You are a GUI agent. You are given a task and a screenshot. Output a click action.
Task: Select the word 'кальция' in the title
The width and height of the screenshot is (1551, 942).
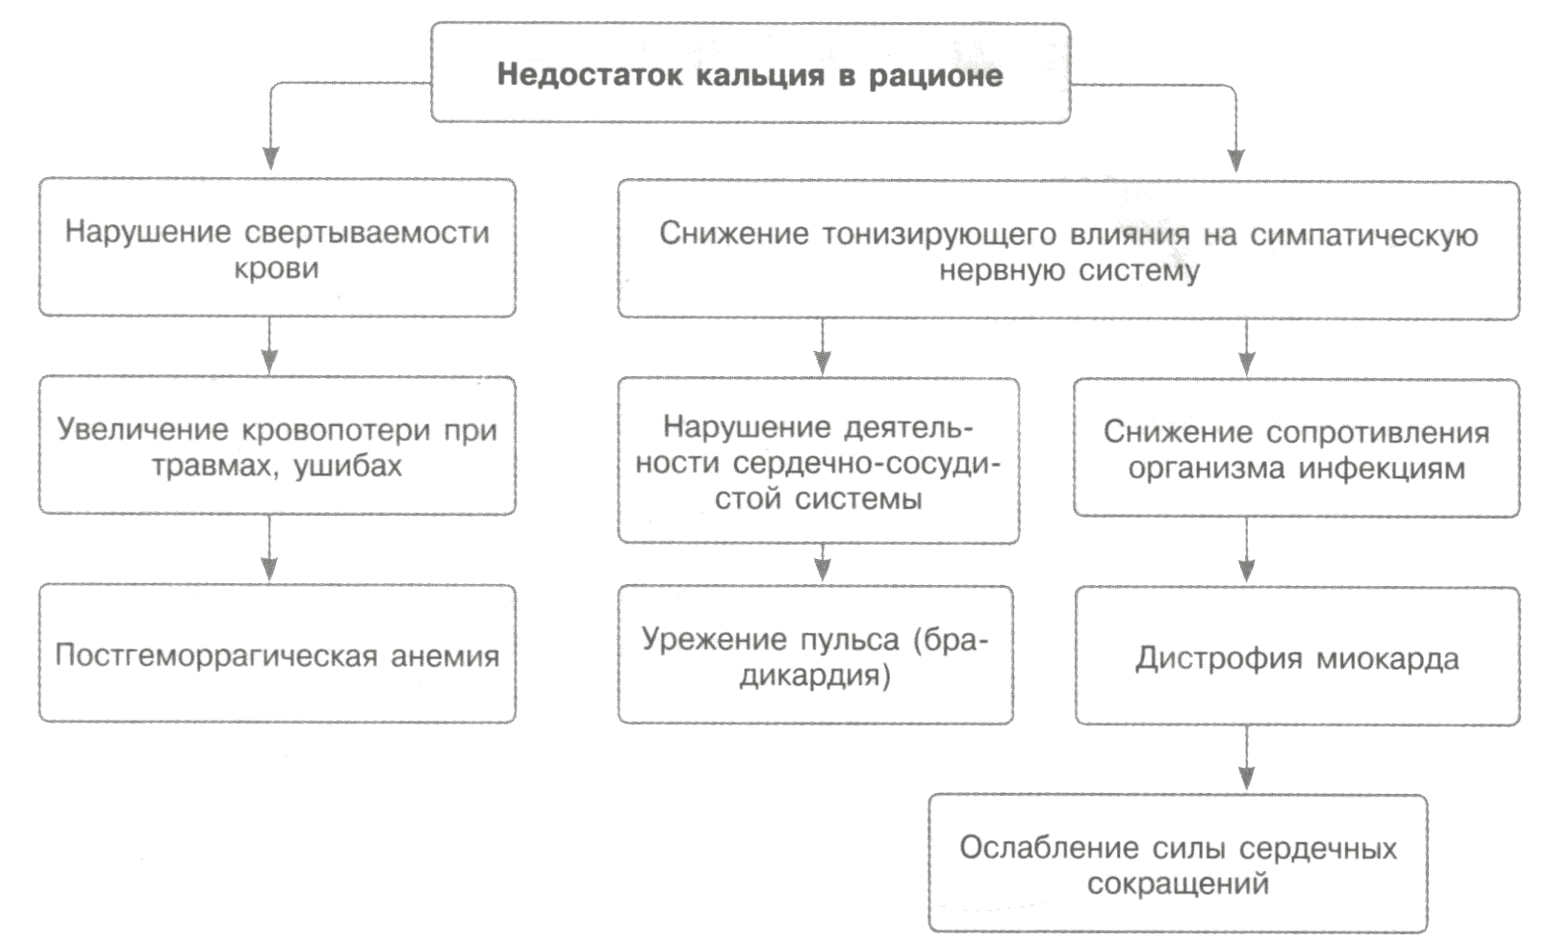tap(759, 75)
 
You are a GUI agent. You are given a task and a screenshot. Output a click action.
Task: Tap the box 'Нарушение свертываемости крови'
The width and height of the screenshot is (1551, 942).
tap(277, 248)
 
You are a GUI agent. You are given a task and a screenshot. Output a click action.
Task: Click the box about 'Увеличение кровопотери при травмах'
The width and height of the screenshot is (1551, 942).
tap(277, 446)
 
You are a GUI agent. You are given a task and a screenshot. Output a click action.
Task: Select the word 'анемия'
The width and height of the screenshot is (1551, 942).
tap(445, 656)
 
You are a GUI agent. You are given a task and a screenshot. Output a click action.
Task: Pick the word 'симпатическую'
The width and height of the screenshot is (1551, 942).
tap(1363, 235)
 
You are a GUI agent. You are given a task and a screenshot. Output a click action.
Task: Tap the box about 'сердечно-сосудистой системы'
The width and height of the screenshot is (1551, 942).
tap(818, 462)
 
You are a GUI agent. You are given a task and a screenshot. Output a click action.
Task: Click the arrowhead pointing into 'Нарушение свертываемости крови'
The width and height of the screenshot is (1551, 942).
tap(271, 159)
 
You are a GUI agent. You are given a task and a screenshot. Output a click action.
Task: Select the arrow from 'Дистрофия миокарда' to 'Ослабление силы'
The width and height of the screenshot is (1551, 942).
tap(1247, 760)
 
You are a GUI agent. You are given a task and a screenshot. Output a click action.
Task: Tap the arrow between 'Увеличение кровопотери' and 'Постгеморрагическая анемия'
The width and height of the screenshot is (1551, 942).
tap(269, 549)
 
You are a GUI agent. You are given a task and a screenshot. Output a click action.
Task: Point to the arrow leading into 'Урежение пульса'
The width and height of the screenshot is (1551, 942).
tap(822, 564)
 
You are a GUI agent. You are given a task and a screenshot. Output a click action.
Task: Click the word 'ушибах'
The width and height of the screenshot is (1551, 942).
tap(347, 467)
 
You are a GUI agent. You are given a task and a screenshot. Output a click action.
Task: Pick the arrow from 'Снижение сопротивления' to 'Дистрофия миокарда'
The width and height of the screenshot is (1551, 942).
tap(1247, 551)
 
